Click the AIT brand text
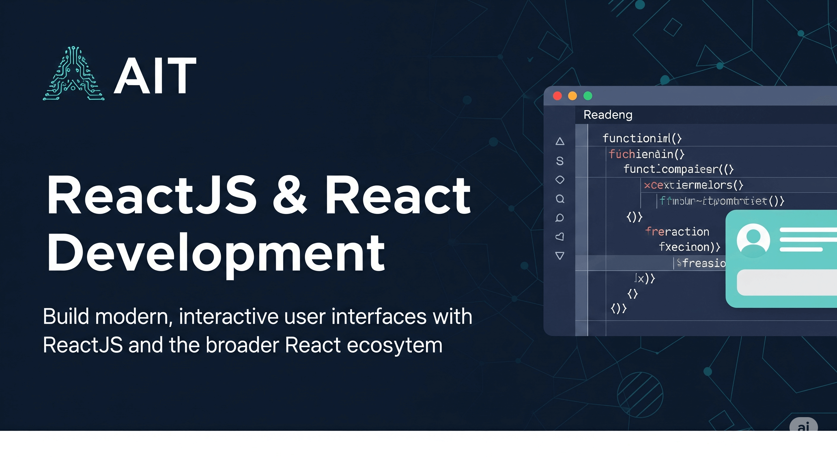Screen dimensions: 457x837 pos(155,76)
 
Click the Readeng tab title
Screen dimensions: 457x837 pos(608,115)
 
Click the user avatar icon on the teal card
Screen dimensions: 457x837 pos(753,240)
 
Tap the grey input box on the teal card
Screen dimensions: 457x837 pos(786,282)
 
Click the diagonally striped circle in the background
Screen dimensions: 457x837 pos(640,395)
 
